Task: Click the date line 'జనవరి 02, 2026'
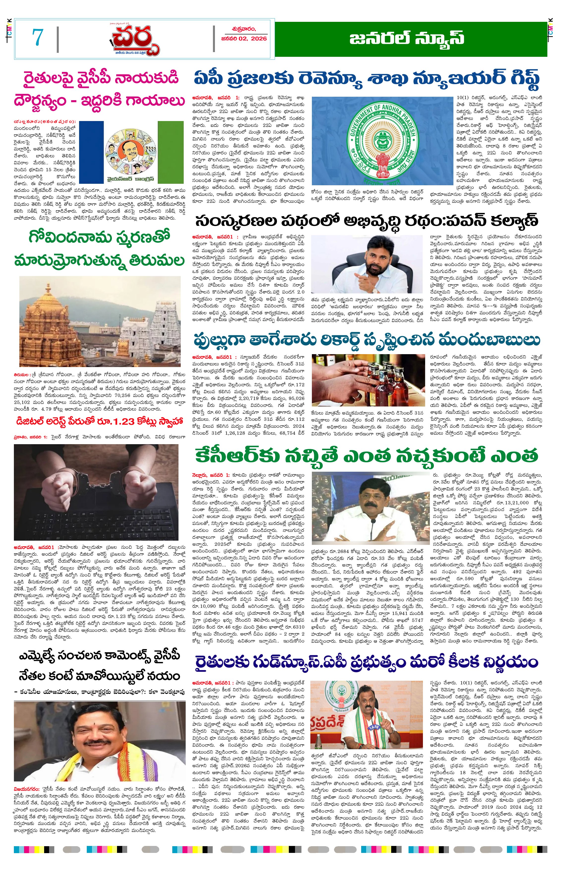click(244, 38)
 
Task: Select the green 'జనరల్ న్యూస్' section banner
click(411, 39)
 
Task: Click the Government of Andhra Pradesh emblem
click(382, 140)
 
